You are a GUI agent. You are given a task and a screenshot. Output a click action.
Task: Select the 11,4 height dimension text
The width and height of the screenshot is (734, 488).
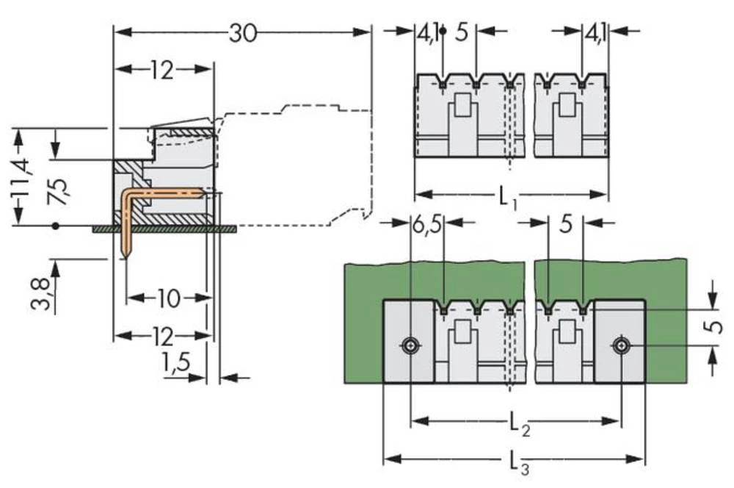tap(21, 177)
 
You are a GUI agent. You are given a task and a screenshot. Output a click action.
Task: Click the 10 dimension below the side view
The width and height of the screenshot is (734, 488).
tap(168, 298)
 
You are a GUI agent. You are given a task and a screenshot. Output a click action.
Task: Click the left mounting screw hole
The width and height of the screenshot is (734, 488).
tap(411, 345)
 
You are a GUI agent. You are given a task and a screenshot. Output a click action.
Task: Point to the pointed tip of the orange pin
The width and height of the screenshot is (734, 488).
tap(126, 256)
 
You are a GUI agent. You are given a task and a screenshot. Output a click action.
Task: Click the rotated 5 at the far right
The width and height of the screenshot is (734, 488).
tap(717, 326)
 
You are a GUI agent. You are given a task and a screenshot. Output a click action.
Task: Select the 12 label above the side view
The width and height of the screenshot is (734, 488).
tap(161, 71)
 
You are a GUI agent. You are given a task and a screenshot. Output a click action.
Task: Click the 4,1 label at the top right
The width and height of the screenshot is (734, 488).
tap(595, 33)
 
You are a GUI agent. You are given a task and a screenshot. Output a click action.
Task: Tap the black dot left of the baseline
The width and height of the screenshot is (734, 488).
tap(55, 226)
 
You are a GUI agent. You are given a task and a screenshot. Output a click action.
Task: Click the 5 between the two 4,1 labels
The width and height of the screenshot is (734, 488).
tap(461, 33)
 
